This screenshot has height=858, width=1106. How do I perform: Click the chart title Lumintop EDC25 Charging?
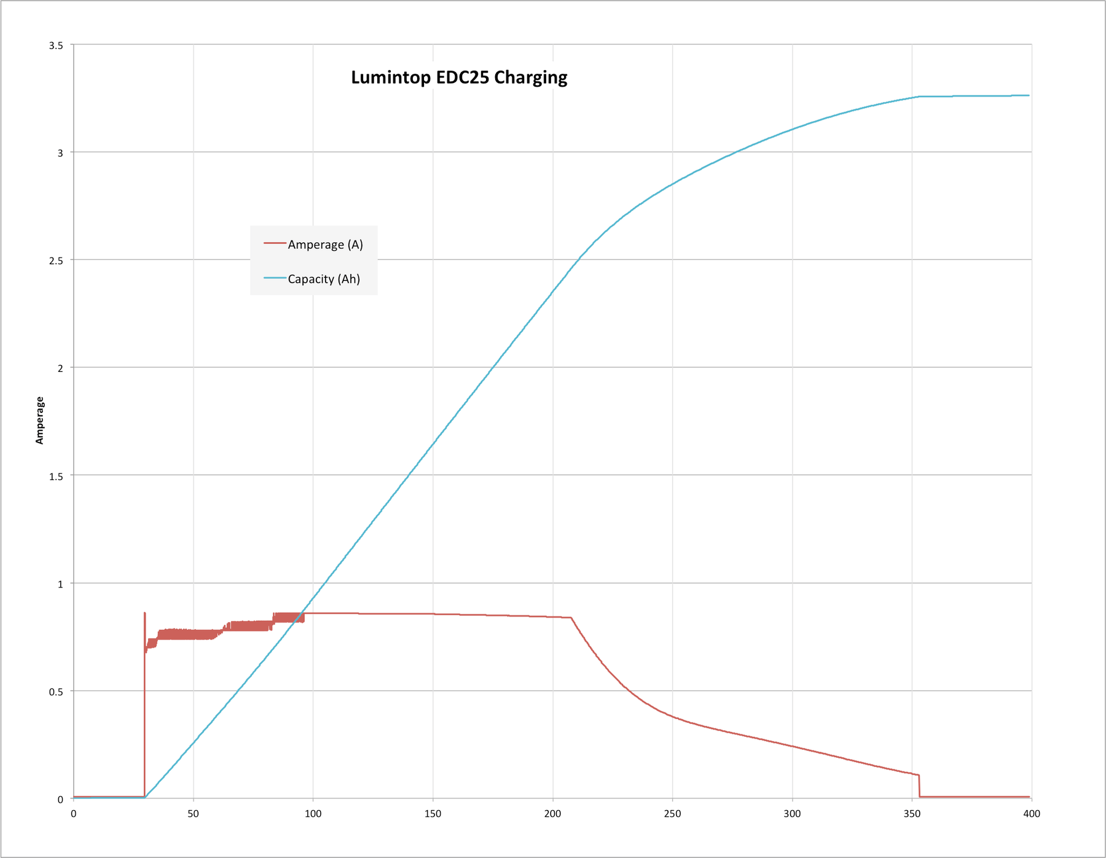459,77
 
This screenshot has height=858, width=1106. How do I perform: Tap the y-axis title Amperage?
40,420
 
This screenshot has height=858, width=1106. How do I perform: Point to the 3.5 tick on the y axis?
56,45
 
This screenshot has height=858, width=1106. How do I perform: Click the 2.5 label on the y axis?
56,261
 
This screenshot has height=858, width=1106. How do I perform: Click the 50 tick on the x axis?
194,814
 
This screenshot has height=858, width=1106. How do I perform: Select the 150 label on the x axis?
433,814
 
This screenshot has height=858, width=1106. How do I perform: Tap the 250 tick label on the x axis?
672,814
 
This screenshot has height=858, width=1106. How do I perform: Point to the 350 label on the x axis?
912,814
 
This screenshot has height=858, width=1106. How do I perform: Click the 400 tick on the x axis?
1032,814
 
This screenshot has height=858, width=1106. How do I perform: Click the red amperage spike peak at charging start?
144,613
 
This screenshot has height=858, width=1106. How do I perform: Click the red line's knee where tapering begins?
571,618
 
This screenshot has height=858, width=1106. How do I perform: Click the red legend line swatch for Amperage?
275,243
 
